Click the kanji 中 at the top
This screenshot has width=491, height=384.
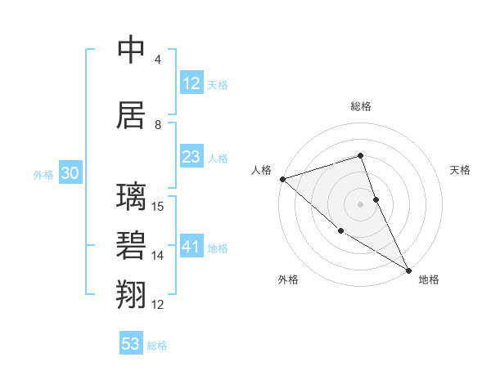(131, 51)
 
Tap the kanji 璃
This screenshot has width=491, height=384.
(131, 198)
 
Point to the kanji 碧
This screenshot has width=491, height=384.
(131, 246)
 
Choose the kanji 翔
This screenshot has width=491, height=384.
(131, 294)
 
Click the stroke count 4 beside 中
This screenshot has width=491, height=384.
(157, 60)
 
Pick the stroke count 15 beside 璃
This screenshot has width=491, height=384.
(159, 206)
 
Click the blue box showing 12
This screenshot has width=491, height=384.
(191, 83)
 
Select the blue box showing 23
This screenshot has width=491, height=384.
(191, 157)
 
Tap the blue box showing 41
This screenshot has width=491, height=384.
(191, 247)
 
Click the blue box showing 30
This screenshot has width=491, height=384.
(70, 173)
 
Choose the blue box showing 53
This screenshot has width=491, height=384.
(130, 344)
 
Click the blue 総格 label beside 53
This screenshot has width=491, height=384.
(157, 346)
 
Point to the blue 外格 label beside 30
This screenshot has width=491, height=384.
(43, 175)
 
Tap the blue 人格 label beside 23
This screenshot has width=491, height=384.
(218, 159)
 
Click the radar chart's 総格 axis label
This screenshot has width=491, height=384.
(360, 106)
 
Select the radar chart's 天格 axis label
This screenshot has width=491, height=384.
(460, 170)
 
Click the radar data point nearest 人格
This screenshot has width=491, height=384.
(282, 179)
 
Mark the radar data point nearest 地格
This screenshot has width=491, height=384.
(408, 270)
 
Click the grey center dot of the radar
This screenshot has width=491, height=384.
(360, 204)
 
